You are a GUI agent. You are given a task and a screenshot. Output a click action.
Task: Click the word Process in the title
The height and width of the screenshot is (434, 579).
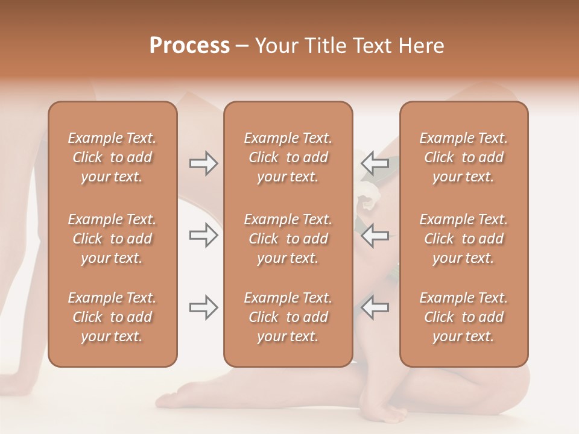coord(189,46)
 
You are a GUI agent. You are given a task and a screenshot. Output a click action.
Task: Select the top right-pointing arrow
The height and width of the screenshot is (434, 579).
coord(203,163)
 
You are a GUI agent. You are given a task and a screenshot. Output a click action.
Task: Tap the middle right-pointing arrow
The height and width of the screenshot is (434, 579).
coord(203,235)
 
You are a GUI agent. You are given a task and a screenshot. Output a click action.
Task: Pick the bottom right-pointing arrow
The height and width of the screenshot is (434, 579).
coord(203,307)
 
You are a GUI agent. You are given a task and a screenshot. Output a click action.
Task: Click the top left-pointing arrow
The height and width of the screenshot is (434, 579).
coord(375,163)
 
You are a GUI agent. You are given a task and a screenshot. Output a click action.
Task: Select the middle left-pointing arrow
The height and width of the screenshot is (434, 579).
coord(375,235)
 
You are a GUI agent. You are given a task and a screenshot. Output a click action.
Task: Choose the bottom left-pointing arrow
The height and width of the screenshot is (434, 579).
coord(375,307)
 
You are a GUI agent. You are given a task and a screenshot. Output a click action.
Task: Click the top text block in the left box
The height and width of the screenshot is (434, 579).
coord(112,157)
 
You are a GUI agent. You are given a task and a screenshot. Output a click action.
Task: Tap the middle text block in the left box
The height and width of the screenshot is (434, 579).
coord(112,239)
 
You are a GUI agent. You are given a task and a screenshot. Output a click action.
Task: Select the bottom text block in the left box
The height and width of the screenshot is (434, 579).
coord(112,317)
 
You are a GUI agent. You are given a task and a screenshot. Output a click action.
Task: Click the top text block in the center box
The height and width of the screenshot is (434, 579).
coord(288,157)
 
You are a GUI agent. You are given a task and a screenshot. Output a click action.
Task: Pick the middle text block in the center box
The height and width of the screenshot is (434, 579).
coord(288,239)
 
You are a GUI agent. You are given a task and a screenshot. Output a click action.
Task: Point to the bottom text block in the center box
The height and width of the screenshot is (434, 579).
coord(288,317)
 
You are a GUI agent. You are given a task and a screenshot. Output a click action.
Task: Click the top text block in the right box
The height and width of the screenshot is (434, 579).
coord(463,157)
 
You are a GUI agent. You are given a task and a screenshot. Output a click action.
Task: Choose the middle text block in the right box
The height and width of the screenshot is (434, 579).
coord(463,239)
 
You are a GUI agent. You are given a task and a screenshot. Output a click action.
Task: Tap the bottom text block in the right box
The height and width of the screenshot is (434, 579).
coord(463,317)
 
